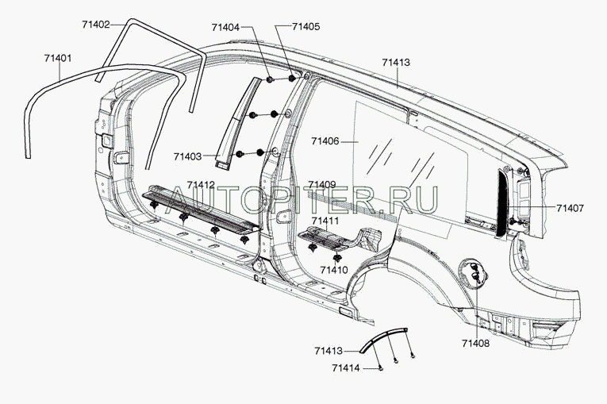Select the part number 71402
pyautogui.click(x=96, y=25)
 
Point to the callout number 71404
pyautogui.click(x=225, y=26)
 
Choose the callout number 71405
pyautogui.click(x=306, y=26)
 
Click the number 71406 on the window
pyautogui.click(x=325, y=141)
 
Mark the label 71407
pyautogui.click(x=570, y=209)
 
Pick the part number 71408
pyautogui.click(x=475, y=344)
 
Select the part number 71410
pyautogui.click(x=333, y=270)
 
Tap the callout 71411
pyautogui.click(x=326, y=221)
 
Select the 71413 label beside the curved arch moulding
pyautogui.click(x=328, y=350)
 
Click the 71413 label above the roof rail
pyautogui.click(x=396, y=61)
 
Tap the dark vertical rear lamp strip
pyautogui.click(x=502, y=202)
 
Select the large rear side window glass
pyautogui.click(x=397, y=159)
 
